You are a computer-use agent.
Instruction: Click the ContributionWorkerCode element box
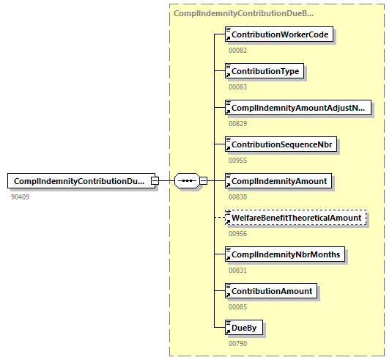click(280, 34)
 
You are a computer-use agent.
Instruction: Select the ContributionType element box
click(265, 71)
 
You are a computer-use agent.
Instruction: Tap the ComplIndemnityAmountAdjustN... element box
click(297, 108)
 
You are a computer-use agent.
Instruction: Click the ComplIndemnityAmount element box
click(278, 180)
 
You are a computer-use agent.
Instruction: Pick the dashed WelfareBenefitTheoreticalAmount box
click(295, 218)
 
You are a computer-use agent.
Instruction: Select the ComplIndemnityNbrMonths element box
click(286, 254)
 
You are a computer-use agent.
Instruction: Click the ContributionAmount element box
click(272, 291)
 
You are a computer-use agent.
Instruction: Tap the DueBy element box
click(245, 328)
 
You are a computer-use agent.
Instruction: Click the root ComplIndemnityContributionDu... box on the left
click(79, 181)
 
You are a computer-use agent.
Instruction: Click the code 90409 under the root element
click(21, 196)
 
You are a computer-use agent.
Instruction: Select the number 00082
click(238, 50)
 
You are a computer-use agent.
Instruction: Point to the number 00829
click(238, 123)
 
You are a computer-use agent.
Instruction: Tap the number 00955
click(238, 160)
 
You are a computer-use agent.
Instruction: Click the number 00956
click(238, 233)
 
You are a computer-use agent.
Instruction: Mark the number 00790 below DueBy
click(238, 343)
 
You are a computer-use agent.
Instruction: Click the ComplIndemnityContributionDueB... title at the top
click(244, 13)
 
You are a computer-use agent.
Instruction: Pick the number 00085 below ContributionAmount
click(238, 306)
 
